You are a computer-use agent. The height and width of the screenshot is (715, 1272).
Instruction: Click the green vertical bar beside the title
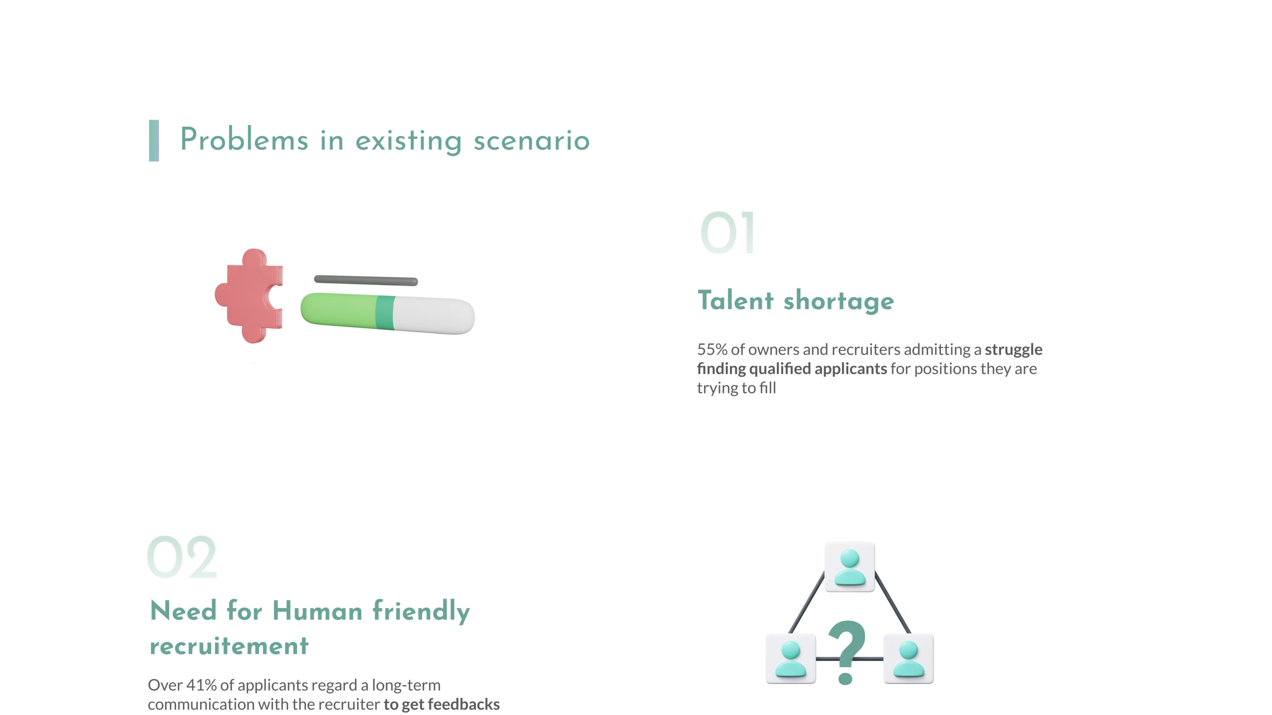click(154, 141)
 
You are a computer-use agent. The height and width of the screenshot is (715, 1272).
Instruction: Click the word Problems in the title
click(244, 140)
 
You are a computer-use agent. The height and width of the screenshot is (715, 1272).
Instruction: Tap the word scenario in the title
click(532, 141)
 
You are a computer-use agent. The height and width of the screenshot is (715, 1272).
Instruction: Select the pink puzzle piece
click(249, 296)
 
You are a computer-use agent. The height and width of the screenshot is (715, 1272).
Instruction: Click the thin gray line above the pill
click(366, 281)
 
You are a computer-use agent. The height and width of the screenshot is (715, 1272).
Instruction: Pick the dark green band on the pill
click(385, 312)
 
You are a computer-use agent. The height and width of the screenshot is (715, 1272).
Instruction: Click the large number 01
click(727, 233)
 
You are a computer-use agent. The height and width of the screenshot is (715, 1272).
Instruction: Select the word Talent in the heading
click(736, 300)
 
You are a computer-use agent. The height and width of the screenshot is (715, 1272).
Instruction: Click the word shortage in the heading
click(839, 301)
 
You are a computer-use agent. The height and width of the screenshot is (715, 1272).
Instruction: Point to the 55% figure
click(713, 350)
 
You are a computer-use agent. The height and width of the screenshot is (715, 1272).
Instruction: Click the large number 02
click(182, 557)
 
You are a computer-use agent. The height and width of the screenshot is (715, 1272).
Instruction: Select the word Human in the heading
click(318, 610)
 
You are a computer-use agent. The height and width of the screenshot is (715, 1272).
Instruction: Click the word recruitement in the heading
click(229, 646)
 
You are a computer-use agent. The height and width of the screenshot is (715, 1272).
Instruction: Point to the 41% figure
click(201, 685)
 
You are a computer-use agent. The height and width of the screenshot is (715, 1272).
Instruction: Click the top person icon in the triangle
click(850, 567)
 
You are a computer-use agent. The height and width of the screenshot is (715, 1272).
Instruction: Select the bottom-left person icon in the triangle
click(791, 658)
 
